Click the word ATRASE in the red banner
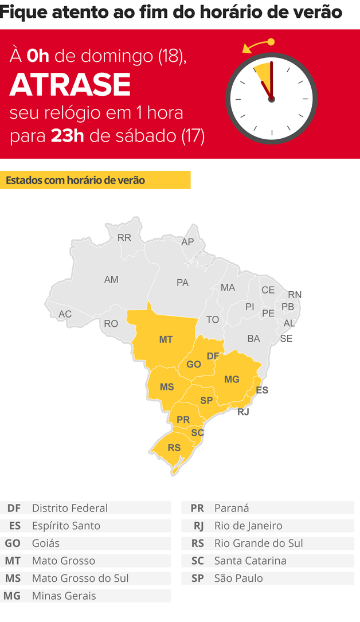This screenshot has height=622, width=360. (x=70, y=85)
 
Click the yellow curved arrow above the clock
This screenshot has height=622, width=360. (x=257, y=45)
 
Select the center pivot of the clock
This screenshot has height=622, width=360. (x=271, y=99)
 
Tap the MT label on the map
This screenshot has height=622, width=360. (x=166, y=339)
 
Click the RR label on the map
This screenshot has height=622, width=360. (x=124, y=237)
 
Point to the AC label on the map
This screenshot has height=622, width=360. (x=65, y=314)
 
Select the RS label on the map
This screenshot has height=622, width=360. (x=174, y=448)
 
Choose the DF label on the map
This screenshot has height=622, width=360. (x=213, y=356)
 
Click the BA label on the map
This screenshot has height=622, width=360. (x=253, y=339)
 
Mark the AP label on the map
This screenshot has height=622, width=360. (x=187, y=242)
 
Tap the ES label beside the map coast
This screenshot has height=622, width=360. (x=262, y=390)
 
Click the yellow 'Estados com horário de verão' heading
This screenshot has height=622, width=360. (x=75, y=180)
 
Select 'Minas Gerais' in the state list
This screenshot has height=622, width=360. (x=64, y=596)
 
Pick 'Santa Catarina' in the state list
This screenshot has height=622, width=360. (x=250, y=561)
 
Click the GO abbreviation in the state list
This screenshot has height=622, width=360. (x=13, y=543)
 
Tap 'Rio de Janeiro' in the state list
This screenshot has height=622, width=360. (x=248, y=525)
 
